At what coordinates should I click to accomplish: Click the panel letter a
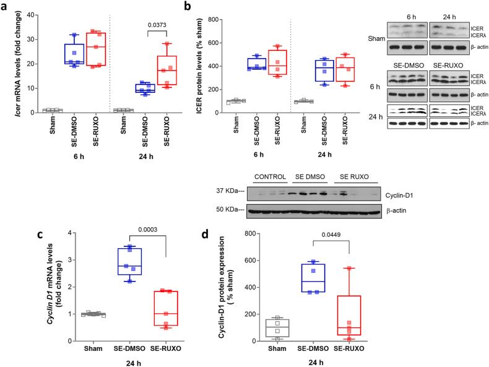click(x=6, y=6)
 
